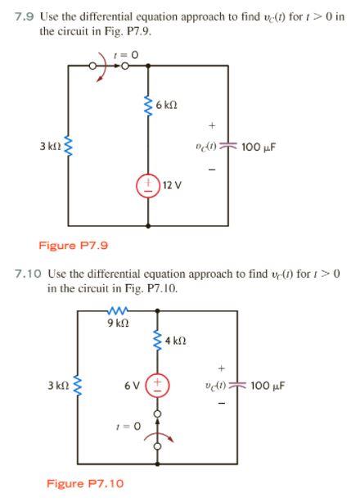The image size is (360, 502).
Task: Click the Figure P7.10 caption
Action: (84, 483)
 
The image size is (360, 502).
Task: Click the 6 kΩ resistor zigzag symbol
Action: (148, 106)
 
